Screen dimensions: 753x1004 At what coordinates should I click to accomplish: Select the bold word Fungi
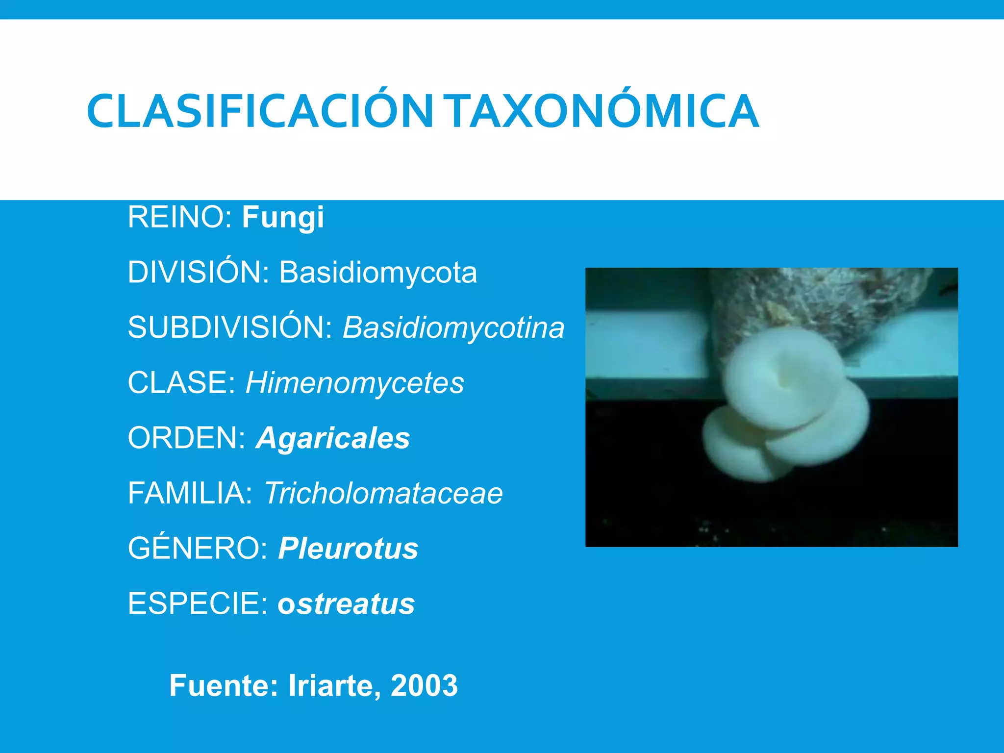(283, 217)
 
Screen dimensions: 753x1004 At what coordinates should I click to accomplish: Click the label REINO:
(179, 217)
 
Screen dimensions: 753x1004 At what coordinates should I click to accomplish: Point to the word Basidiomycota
(378, 272)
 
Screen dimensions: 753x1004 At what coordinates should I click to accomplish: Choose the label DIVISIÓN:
(199, 272)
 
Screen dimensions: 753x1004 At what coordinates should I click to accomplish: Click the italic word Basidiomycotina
(453, 327)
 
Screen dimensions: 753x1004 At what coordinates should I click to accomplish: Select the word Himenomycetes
(355, 383)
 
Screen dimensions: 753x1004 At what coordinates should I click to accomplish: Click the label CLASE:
(182, 383)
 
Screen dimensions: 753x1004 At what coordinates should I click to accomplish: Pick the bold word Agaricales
(333, 438)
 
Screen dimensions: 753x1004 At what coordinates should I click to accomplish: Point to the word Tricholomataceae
(383, 493)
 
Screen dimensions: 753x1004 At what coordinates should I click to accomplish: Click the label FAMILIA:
(190, 493)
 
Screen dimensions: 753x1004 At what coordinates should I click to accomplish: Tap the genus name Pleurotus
(348, 548)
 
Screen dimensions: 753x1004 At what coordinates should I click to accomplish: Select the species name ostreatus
(346, 603)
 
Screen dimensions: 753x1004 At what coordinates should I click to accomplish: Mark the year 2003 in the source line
(424, 685)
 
